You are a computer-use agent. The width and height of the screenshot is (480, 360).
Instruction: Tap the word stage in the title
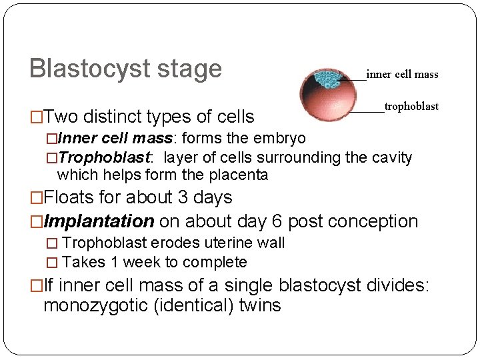click(193, 69)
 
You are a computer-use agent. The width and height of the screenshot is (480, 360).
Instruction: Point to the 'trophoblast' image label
click(411, 106)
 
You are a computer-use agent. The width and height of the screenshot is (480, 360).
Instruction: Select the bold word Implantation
click(99, 221)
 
